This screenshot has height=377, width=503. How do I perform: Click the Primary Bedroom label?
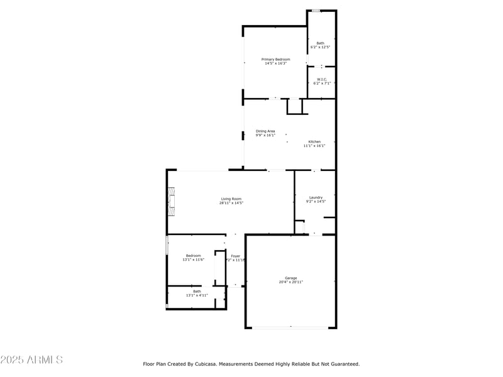click(x=276, y=59)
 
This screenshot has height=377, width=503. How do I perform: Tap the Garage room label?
click(x=290, y=278)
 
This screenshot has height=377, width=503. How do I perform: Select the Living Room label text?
click(x=231, y=199)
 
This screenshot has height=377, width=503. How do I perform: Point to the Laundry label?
click(x=316, y=197)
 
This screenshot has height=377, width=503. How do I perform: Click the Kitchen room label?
click(x=314, y=141)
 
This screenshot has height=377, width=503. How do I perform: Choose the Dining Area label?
click(x=265, y=131)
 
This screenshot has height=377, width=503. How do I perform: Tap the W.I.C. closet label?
click(x=321, y=79)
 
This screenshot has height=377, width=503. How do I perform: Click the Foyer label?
click(x=235, y=256)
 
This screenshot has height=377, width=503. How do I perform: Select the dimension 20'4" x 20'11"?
click(x=290, y=282)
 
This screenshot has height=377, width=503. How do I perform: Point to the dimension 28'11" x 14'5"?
click(x=231, y=203)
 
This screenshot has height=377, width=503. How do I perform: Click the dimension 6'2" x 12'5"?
click(x=321, y=47)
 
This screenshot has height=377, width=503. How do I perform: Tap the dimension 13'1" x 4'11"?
click(x=197, y=295)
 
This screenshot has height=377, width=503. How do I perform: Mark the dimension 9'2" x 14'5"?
click(x=316, y=202)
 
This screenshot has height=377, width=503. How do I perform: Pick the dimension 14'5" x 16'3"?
click(x=276, y=63)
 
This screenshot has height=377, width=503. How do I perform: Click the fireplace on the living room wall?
click(x=171, y=202)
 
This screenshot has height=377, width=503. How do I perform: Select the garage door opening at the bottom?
click(x=290, y=327)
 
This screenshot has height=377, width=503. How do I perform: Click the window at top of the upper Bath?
click(x=316, y=11)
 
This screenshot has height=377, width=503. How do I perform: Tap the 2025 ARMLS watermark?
click(x=31, y=360)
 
